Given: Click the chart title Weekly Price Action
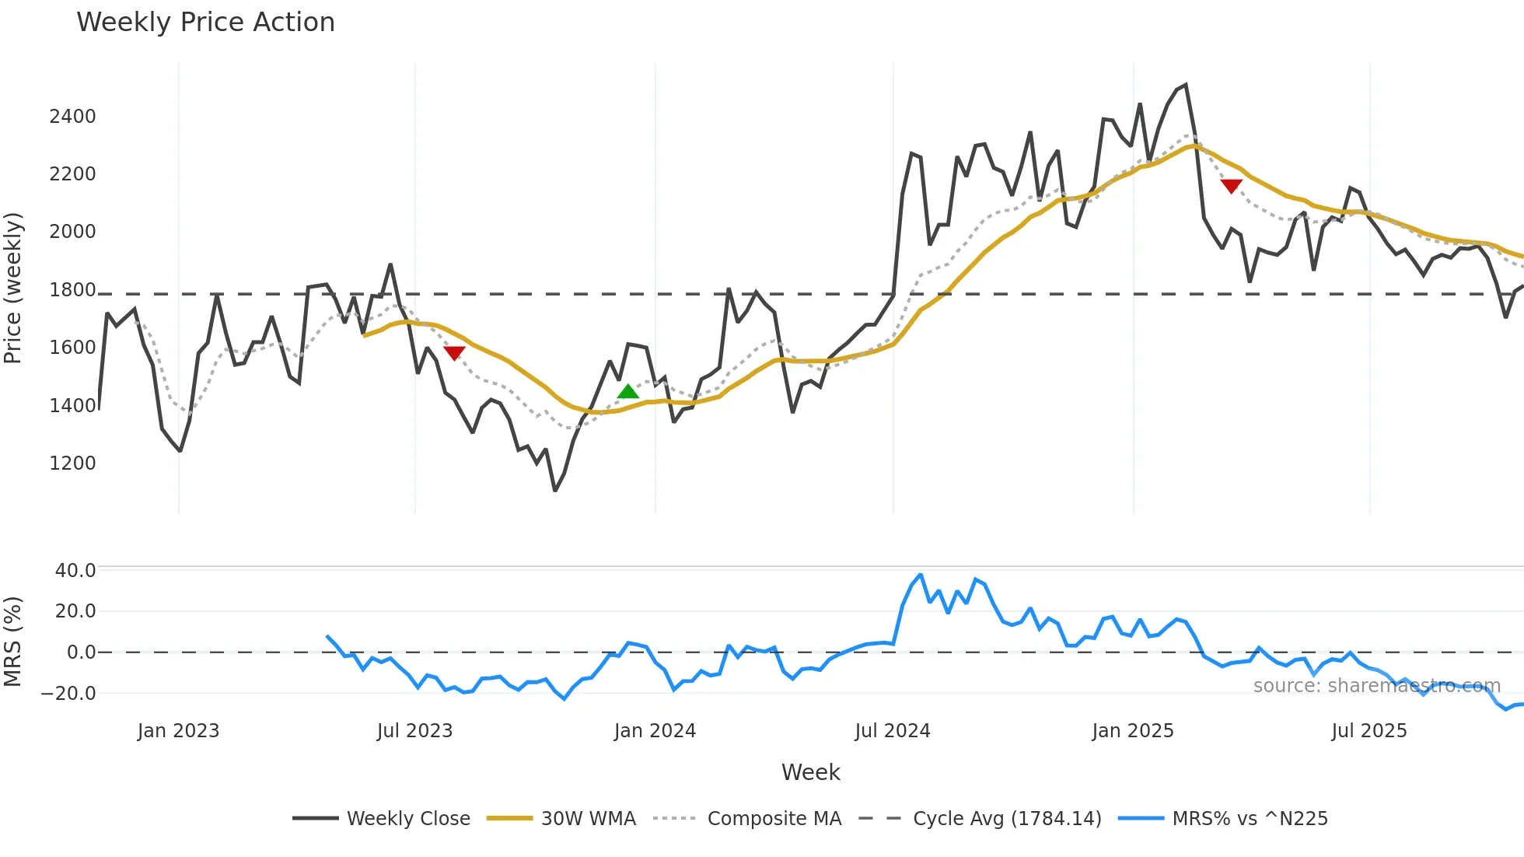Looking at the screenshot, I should (x=205, y=23).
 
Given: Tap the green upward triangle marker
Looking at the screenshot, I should (x=628, y=391).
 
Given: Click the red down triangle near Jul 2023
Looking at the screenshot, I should (x=454, y=352).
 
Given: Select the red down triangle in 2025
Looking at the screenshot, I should (x=1231, y=186).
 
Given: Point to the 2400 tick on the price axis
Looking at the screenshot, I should (x=72, y=117).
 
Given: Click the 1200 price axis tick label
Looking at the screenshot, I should (x=72, y=463).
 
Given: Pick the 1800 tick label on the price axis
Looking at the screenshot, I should (x=72, y=291).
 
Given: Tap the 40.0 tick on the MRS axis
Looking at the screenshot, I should (x=75, y=571).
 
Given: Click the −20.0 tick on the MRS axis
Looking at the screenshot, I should (x=68, y=694).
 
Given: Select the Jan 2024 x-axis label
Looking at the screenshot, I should (x=655, y=731).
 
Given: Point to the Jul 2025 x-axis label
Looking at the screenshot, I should (x=1368, y=731).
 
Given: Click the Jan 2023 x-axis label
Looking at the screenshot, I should (x=178, y=731).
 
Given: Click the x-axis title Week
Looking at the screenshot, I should (x=810, y=772).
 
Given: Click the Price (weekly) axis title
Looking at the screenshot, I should (x=13, y=288).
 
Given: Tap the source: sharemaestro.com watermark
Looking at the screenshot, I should (x=1376, y=686).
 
